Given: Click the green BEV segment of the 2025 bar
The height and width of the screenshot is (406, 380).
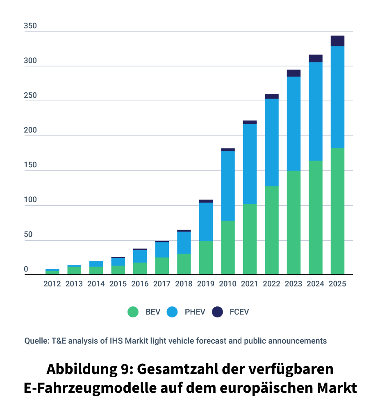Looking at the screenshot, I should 337,211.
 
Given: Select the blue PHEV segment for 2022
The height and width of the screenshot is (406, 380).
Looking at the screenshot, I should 271,142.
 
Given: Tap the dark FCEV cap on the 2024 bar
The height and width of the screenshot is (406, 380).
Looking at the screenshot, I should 315,58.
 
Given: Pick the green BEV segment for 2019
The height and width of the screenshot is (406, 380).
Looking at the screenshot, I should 206,258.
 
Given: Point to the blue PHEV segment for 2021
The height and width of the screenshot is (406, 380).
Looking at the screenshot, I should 250,164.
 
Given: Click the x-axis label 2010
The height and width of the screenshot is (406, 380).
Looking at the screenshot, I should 228,284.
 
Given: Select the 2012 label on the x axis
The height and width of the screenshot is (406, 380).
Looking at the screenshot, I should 52,284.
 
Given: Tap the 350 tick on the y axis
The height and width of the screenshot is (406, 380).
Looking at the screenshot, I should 30,26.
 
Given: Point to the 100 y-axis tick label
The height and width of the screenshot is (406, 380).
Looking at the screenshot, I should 30,200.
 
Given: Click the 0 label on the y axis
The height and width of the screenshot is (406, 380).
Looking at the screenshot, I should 26,269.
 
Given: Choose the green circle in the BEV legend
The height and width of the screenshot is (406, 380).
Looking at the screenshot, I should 133,312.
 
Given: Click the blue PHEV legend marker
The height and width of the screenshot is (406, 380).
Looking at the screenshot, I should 172,312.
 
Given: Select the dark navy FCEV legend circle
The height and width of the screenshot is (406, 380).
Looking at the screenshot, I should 217,312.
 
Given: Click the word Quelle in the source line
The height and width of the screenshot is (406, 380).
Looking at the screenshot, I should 36,341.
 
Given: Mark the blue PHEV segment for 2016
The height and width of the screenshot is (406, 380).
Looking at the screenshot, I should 140,256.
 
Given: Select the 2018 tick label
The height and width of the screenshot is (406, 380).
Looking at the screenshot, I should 184,284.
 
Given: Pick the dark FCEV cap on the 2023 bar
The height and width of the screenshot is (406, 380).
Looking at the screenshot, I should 294,73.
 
